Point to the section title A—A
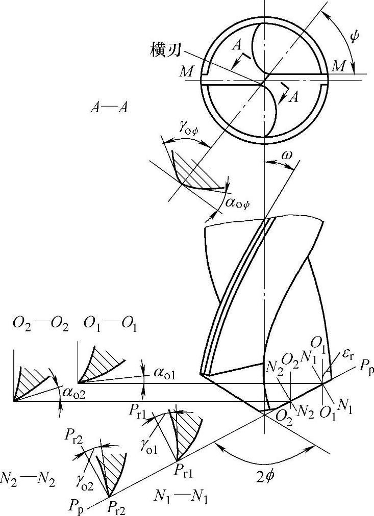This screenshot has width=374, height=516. point(109,107)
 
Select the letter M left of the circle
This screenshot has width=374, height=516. point(186,72)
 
